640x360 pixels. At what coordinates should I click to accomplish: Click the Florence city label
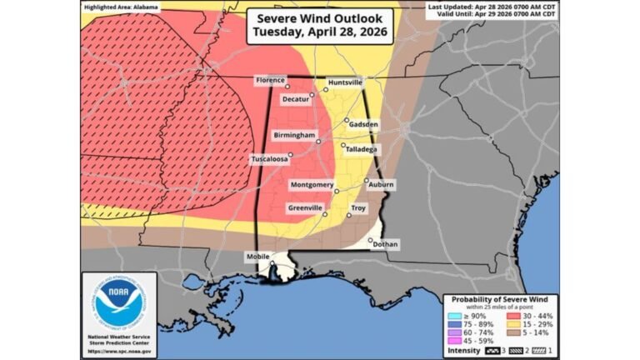click(x=270, y=80)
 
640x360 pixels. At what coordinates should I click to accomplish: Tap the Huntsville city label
click(x=344, y=83)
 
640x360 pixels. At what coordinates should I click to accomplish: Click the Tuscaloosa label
click(x=270, y=158)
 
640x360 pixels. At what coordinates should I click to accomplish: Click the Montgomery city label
click(x=312, y=184)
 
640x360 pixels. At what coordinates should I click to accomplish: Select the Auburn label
click(x=381, y=184)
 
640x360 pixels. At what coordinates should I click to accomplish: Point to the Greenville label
click(x=305, y=207)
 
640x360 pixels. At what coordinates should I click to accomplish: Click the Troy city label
click(x=358, y=207)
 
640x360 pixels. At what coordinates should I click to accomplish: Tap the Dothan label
click(x=385, y=244)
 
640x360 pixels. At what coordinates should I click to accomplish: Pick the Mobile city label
click(x=257, y=257)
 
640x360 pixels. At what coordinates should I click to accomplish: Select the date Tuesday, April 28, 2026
click(x=319, y=32)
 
